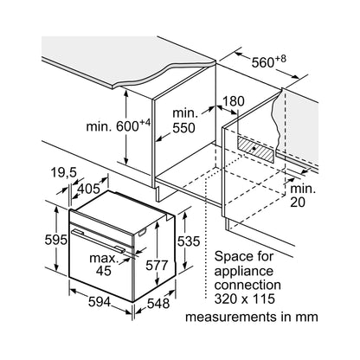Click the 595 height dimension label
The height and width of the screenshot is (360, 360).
[x=56, y=240]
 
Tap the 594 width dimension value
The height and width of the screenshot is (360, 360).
[x=100, y=302]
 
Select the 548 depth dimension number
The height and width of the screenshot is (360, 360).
[x=158, y=303]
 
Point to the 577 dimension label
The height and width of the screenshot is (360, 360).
[x=157, y=265]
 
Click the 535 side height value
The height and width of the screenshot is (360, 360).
[x=189, y=241]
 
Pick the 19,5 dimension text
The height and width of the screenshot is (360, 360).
[x=64, y=173]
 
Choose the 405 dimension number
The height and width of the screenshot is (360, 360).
[x=89, y=190]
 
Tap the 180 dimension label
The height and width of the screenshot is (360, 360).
[x=234, y=101]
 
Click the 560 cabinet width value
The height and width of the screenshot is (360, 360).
[x=262, y=62]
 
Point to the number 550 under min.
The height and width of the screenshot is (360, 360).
[x=183, y=128]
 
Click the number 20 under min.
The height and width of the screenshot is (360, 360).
[x=298, y=202]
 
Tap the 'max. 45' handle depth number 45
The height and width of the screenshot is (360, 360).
[x=104, y=271]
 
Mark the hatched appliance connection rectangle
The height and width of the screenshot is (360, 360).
[x=255, y=149]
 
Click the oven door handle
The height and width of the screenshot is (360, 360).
[x=98, y=239]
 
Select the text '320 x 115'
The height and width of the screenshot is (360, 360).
[x=245, y=299]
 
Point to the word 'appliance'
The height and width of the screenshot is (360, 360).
[x=244, y=272]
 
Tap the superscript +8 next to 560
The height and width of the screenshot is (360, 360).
[x=280, y=59]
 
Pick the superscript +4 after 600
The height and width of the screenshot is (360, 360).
[x=145, y=123]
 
